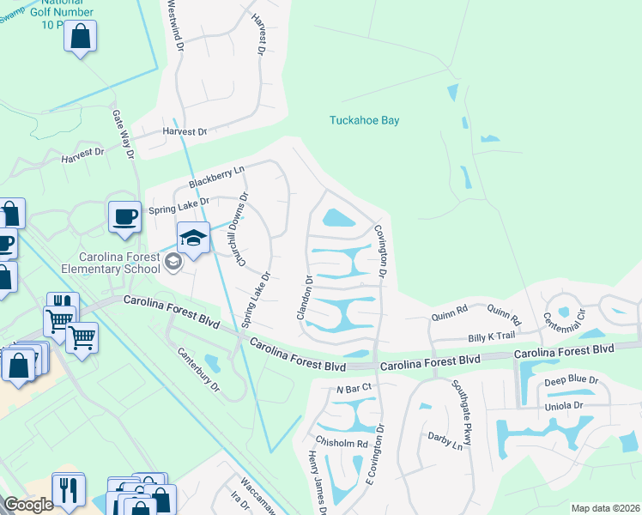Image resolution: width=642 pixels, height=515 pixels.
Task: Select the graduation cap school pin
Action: (194, 238)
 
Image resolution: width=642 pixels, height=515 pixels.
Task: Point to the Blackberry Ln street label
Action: (216, 178)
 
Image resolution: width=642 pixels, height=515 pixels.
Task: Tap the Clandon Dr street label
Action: (304, 297)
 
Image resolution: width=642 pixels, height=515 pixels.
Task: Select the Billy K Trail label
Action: (490, 338)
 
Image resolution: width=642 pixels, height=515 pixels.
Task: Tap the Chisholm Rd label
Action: (342, 443)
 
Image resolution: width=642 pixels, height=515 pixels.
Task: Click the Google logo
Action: (28, 505)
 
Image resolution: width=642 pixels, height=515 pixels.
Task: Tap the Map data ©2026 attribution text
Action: (604, 508)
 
